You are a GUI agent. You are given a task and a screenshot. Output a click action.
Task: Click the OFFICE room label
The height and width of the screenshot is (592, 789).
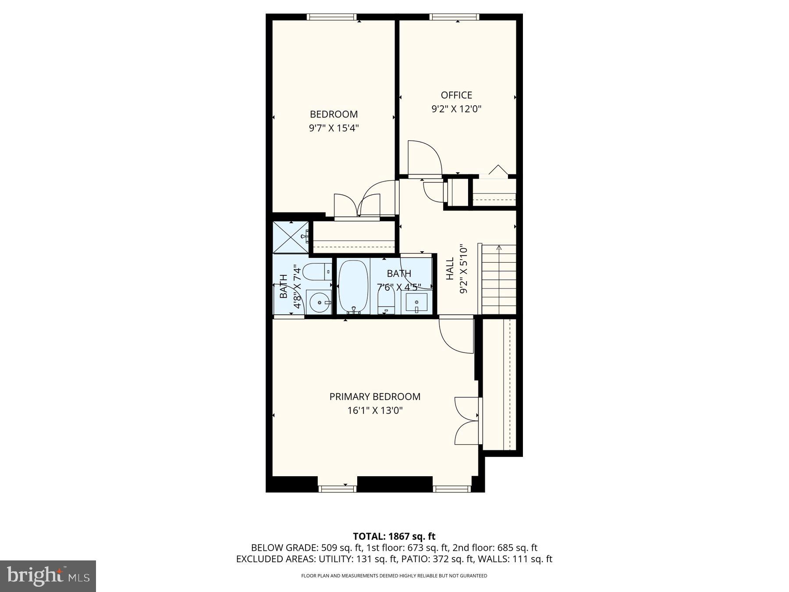point(456,95)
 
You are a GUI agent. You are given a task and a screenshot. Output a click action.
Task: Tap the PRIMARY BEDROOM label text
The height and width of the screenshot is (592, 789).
point(375,396)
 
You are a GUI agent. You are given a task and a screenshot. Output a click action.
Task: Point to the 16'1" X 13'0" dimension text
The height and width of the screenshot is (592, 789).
point(375,410)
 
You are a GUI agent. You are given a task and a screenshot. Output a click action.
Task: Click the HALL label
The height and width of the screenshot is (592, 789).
point(450,268)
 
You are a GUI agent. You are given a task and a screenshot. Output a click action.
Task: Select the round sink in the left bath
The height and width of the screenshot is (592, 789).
point(319,302)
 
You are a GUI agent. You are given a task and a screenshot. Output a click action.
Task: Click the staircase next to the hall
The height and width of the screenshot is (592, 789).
point(499,280)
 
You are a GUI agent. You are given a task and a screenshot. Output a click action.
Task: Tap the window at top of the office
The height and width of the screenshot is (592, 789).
point(454,17)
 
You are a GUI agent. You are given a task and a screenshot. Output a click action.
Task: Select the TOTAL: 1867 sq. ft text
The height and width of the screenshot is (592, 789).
point(394,536)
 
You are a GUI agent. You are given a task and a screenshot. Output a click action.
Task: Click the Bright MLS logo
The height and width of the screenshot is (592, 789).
point(48,576)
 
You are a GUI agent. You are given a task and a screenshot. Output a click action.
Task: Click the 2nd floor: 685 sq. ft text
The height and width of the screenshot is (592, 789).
point(495,548)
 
